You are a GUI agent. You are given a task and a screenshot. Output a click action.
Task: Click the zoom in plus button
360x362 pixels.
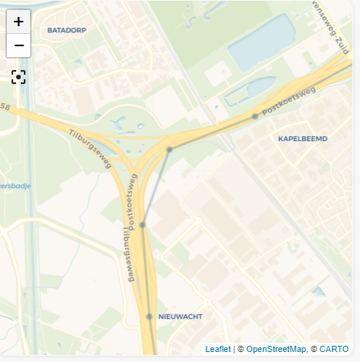[19, 22]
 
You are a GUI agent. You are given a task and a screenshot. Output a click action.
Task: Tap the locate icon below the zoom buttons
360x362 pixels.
[19, 76]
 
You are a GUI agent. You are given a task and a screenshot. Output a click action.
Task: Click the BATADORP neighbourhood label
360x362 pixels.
[66, 31]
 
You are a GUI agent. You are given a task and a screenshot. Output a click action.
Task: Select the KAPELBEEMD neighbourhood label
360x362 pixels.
[302, 139]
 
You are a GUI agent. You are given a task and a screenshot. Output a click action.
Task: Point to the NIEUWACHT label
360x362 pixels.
[180, 317]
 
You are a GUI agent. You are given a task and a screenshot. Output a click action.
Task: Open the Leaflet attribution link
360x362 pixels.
[218, 349]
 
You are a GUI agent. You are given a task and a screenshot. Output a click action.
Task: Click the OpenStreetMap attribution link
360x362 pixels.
[276, 349]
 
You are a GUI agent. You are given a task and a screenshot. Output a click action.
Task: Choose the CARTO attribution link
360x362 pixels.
[334, 349]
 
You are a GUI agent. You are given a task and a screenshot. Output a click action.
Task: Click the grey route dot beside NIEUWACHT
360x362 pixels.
[150, 317]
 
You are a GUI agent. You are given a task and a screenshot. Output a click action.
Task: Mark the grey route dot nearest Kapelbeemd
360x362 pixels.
[254, 117]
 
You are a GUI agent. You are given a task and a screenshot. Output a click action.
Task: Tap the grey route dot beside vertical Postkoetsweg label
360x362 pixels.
[143, 225]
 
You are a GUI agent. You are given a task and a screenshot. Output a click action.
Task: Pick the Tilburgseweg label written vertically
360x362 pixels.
[126, 255]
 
